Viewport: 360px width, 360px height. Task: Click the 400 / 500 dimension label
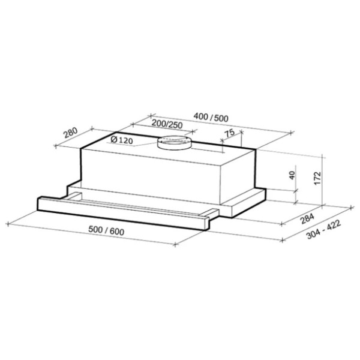[x=211, y=118]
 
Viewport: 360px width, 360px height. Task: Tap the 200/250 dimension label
[x=167, y=124]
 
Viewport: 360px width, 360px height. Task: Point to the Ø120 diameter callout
[x=122, y=140]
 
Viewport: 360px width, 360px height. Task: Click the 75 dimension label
[x=229, y=133]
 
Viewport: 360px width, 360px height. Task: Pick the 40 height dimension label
[x=292, y=175]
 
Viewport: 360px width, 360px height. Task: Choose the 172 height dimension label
[x=317, y=178]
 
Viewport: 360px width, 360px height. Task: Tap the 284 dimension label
[x=307, y=218]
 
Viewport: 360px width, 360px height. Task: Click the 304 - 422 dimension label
[x=323, y=229]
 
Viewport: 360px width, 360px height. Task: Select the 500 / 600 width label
[x=106, y=230]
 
